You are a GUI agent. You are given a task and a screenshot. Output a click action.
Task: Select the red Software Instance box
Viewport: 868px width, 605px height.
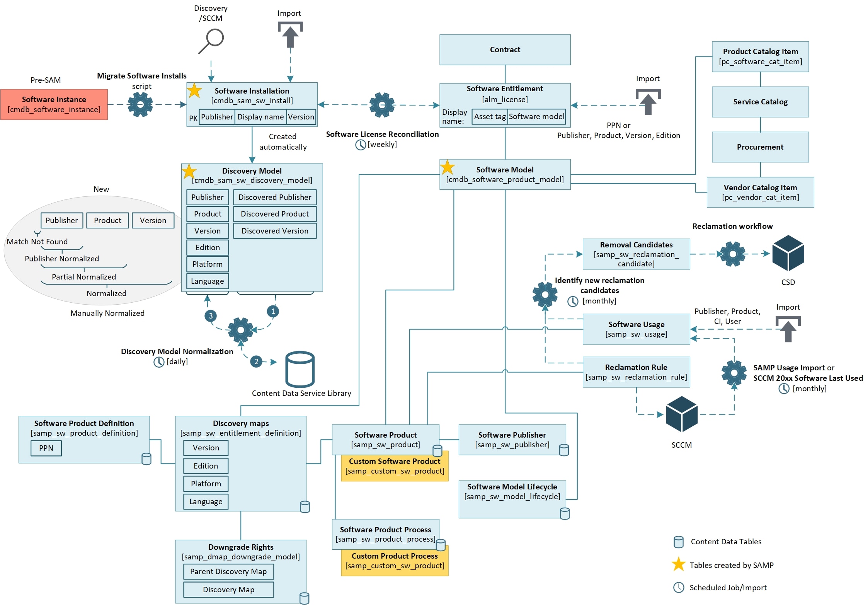click(54, 104)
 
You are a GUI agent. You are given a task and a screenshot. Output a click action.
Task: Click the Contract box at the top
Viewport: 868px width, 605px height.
click(505, 49)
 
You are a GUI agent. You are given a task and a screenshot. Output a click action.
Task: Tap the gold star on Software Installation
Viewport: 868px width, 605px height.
click(194, 91)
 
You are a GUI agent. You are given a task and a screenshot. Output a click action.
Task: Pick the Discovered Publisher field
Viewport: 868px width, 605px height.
click(274, 197)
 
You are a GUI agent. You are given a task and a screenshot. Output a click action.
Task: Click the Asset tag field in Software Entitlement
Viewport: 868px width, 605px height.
click(490, 117)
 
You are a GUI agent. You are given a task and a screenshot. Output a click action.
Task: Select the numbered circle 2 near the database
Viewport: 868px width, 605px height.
click(256, 361)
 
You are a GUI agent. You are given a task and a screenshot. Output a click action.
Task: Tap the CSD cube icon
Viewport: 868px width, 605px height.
click(788, 253)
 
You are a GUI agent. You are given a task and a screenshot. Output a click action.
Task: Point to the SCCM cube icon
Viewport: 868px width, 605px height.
click(681, 414)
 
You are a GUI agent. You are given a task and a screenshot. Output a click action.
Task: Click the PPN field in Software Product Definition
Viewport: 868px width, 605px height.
click(46, 448)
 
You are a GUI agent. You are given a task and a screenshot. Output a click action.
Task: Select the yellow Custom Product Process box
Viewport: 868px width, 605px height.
click(395, 561)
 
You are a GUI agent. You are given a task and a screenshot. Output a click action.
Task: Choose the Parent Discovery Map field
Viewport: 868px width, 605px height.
click(228, 571)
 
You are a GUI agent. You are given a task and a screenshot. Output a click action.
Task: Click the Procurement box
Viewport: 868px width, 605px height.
click(760, 147)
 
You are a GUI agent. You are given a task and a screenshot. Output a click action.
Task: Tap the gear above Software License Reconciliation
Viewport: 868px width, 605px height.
click(382, 105)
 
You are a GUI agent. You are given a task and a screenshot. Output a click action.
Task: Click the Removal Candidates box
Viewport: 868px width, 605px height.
click(636, 254)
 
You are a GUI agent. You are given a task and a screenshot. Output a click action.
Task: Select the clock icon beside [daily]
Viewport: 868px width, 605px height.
click(159, 362)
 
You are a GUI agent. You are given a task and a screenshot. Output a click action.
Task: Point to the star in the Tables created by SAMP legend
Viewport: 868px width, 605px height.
click(678, 565)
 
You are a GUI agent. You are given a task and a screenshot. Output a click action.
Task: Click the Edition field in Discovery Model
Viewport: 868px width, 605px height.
click(208, 247)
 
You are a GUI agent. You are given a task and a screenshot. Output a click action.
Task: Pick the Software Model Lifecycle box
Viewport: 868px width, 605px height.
click(512, 499)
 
